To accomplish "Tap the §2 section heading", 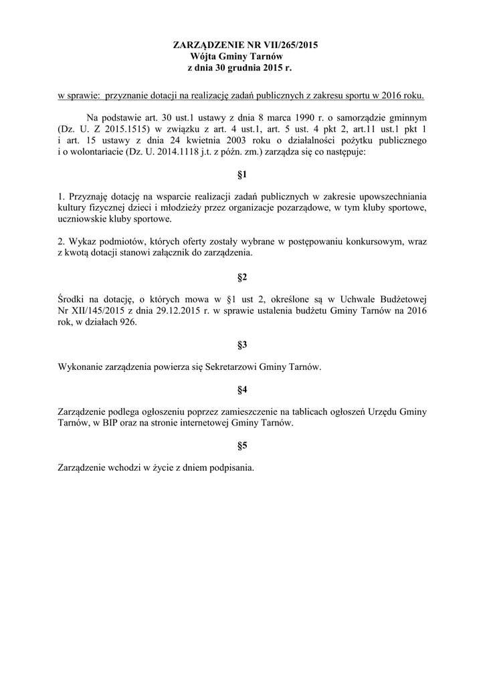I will point(242,277).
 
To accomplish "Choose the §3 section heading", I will point(242,345).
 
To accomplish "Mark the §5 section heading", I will point(242,446).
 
